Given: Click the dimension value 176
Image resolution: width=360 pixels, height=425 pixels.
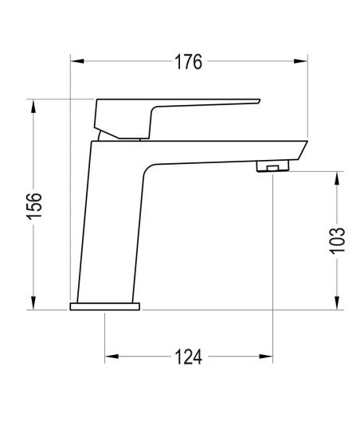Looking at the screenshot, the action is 189,62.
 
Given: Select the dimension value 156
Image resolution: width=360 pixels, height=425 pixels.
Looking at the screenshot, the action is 34,205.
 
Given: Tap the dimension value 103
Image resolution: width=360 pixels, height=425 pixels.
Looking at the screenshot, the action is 337,240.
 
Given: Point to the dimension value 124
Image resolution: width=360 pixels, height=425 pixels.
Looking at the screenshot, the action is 189,357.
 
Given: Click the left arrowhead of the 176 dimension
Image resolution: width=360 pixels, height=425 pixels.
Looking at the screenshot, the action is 77,61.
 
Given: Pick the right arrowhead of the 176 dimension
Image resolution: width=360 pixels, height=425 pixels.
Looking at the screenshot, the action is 300,61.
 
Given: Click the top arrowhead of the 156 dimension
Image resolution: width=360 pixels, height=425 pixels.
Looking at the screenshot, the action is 33,107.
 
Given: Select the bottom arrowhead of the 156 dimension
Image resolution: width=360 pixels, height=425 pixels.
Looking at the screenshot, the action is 33,302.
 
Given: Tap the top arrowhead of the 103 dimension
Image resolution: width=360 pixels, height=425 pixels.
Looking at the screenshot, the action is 337,178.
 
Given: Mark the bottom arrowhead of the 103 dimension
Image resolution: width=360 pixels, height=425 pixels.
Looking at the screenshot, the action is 337,302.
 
